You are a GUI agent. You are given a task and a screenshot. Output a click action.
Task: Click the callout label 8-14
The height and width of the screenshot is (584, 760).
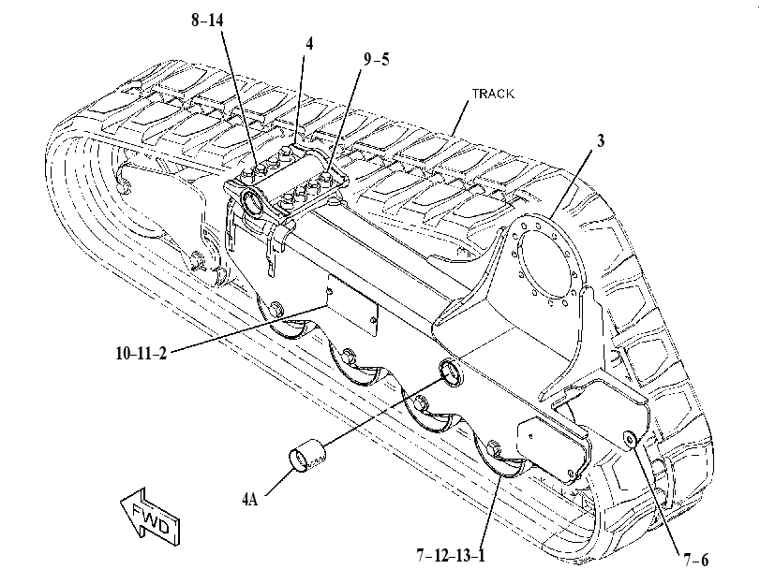[207, 21]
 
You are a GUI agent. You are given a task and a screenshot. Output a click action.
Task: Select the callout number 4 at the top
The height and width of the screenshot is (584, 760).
[309, 44]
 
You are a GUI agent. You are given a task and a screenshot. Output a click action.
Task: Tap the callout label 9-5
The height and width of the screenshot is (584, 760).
[376, 60]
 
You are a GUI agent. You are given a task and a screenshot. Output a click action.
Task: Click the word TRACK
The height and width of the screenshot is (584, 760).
[493, 94]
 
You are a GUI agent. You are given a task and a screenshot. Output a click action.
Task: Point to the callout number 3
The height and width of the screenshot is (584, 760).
[601, 141]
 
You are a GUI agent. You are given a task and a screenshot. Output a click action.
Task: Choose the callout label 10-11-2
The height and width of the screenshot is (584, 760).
[142, 353]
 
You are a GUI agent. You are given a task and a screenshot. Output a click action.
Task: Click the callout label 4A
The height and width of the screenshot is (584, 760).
[249, 499]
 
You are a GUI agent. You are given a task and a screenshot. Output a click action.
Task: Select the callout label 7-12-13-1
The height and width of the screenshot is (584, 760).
[451, 555]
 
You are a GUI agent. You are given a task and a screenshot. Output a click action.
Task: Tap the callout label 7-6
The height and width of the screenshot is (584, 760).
[696, 561]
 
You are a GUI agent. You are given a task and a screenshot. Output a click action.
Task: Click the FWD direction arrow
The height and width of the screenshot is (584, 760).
[150, 517]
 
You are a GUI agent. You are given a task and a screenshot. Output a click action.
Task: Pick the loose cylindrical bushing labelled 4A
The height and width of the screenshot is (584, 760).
[307, 455]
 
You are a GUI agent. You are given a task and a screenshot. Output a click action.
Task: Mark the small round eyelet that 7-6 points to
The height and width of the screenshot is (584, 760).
[630, 439]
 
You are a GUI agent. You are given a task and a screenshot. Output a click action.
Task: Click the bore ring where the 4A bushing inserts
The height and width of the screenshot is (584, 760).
[451, 372]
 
